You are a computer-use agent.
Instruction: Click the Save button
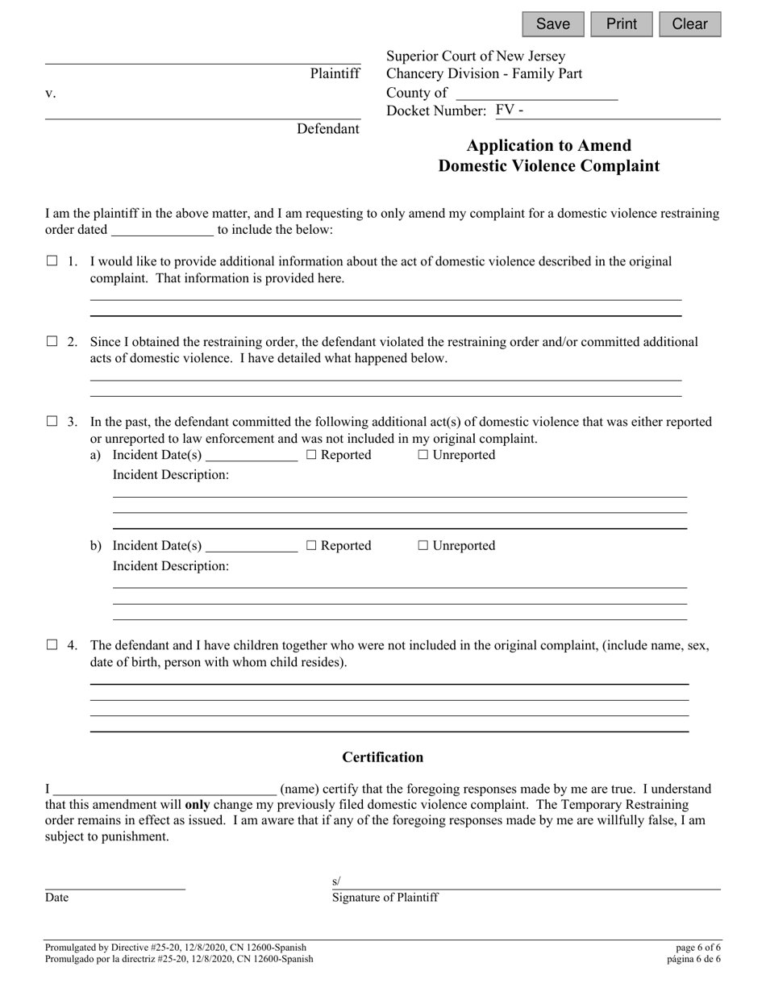click(x=552, y=24)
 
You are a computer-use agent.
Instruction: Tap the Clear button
click(x=689, y=24)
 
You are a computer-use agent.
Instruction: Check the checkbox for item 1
click(x=52, y=261)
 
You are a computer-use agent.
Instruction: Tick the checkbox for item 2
click(x=52, y=342)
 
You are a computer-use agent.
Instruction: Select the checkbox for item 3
click(x=52, y=421)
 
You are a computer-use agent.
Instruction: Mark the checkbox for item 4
click(x=52, y=645)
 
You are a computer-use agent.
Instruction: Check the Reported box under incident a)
click(x=312, y=456)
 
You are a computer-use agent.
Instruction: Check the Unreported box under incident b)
click(x=423, y=546)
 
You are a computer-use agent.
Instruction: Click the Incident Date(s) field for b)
click(x=252, y=546)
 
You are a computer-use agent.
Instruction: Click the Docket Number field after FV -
click(x=621, y=111)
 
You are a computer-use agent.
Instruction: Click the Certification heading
click(x=382, y=757)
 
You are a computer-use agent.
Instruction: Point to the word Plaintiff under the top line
click(x=335, y=73)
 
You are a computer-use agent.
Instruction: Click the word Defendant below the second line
click(x=327, y=129)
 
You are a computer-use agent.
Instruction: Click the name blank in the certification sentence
click(x=165, y=789)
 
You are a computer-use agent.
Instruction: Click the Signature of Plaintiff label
click(x=385, y=898)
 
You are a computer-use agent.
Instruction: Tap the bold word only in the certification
click(x=198, y=805)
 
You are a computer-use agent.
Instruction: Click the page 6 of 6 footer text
click(x=699, y=948)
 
